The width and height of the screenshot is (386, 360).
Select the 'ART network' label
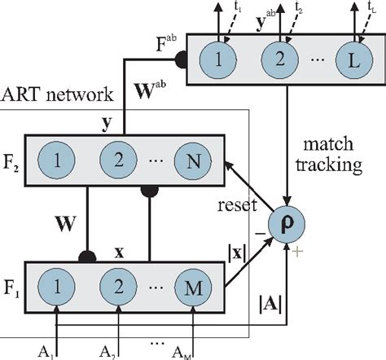(56, 95)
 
